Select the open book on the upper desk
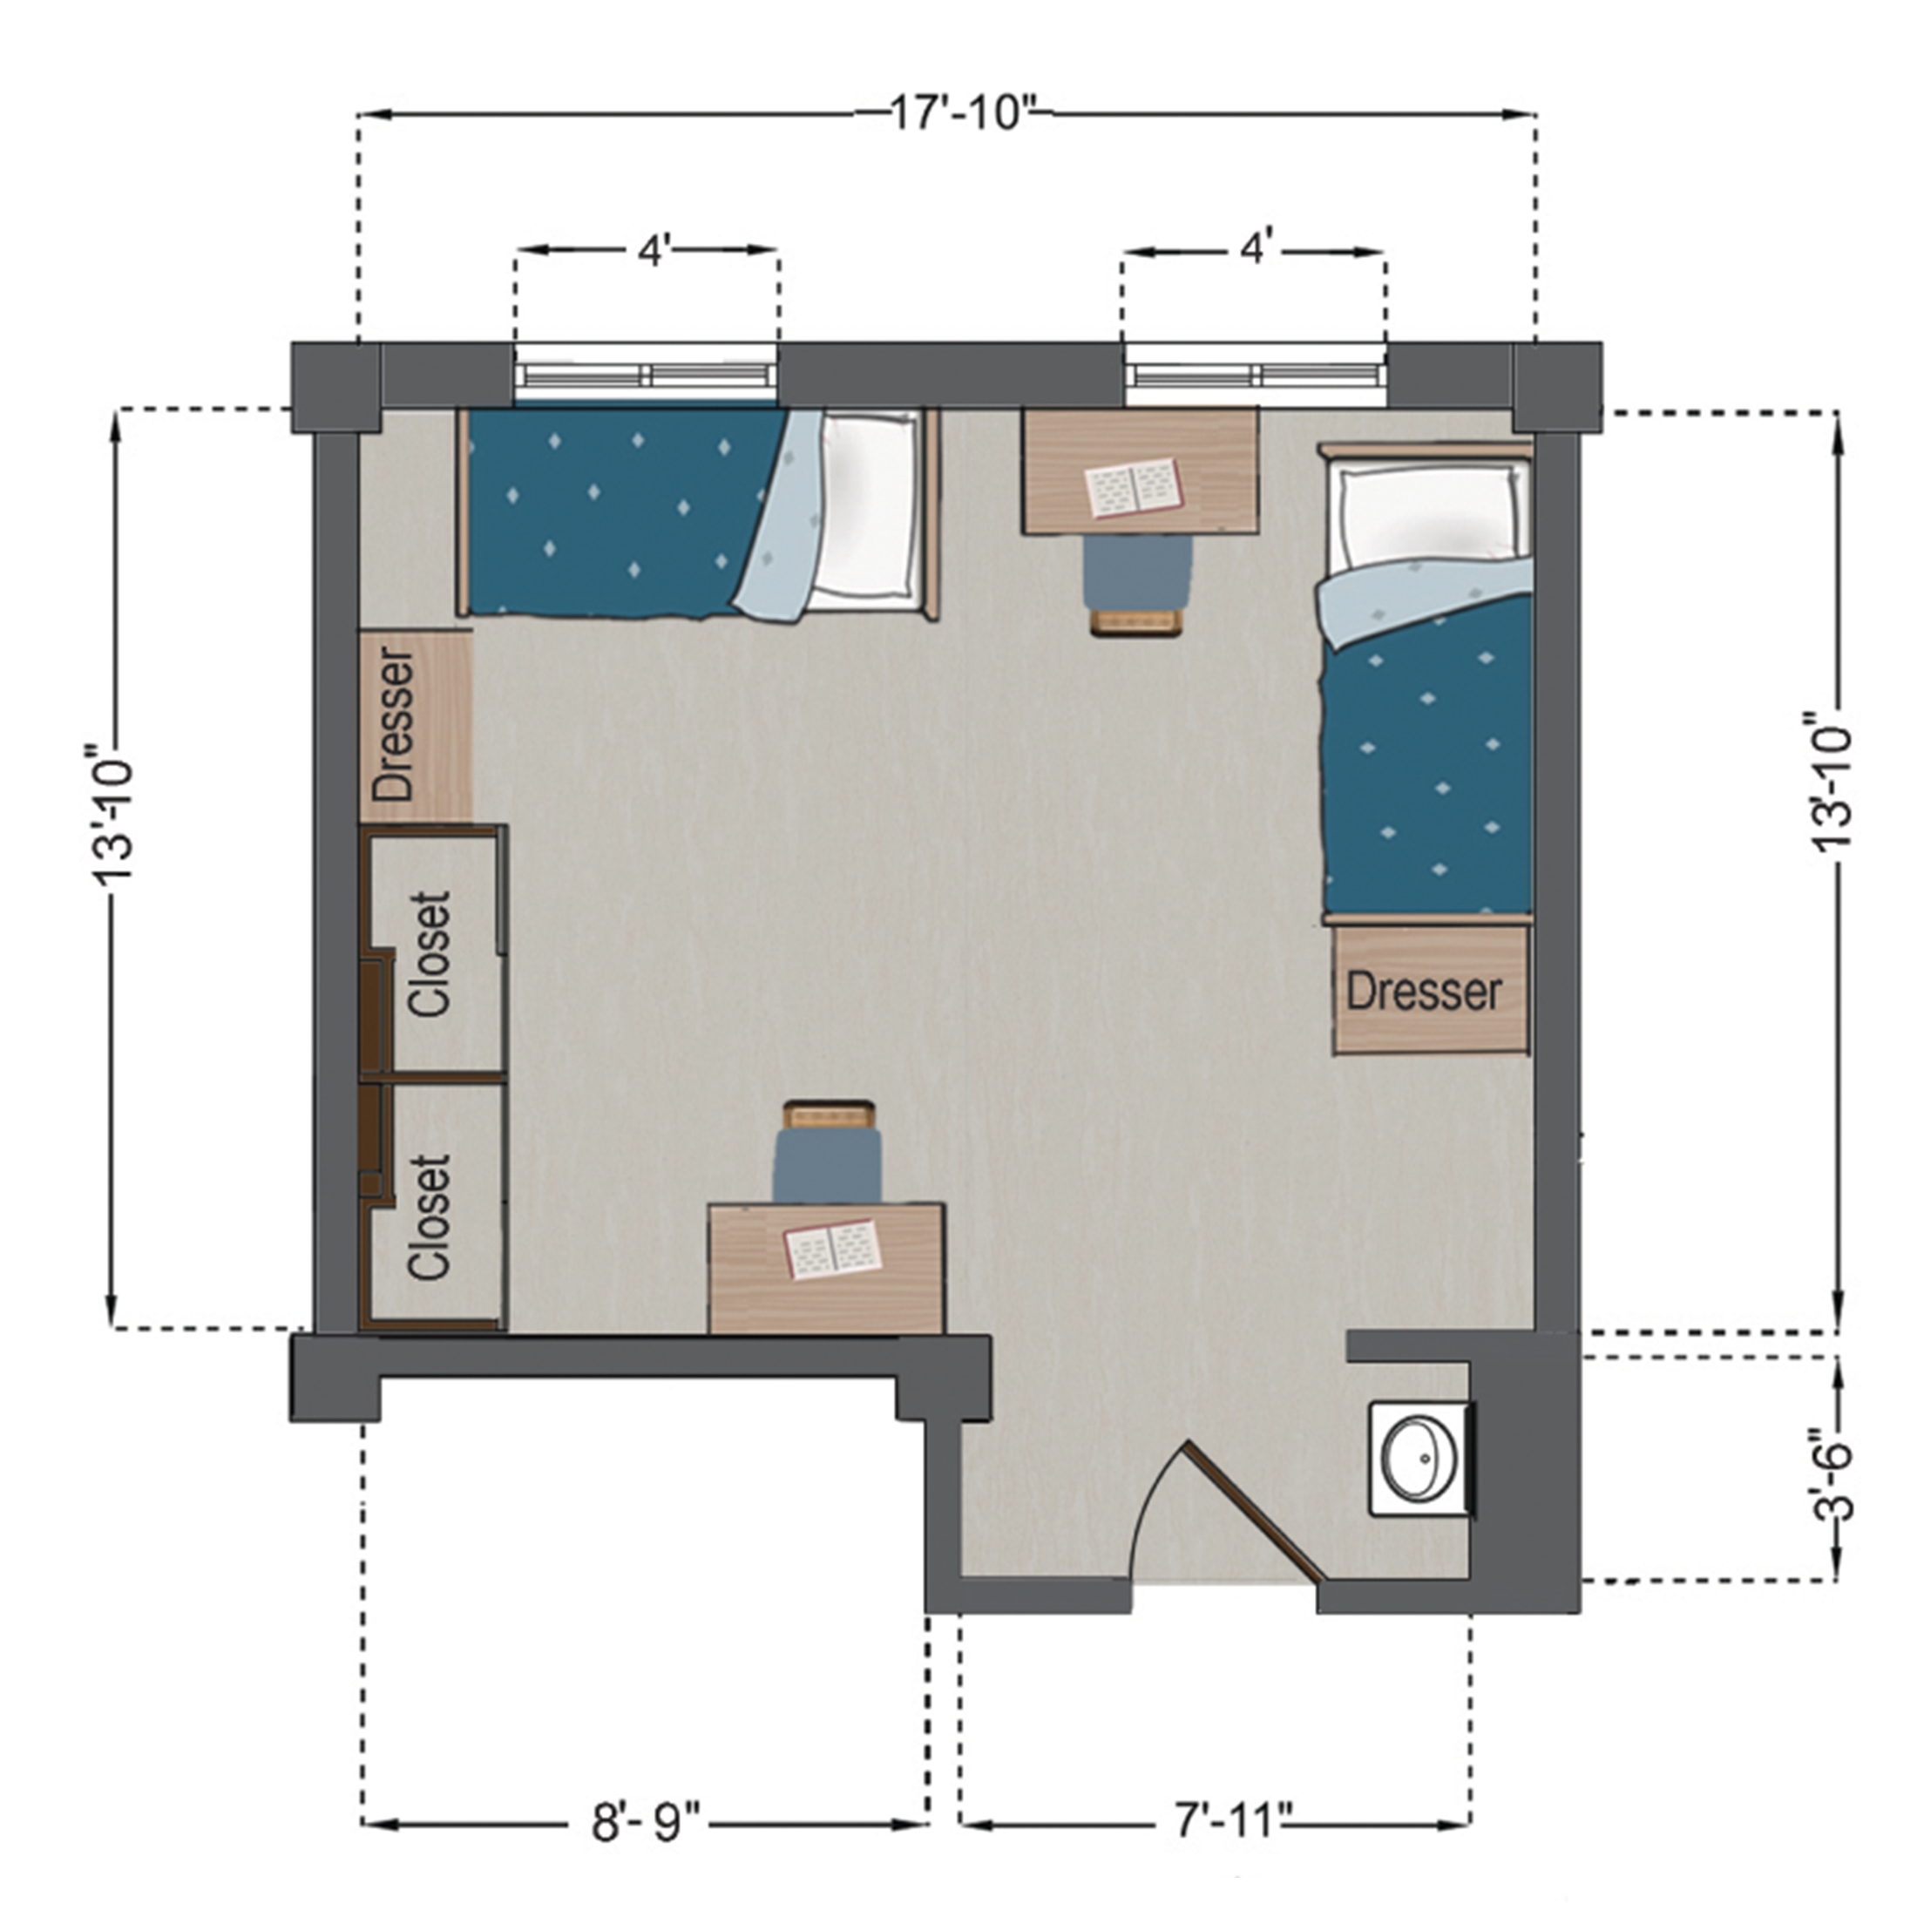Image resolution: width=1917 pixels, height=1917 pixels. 1135,487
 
